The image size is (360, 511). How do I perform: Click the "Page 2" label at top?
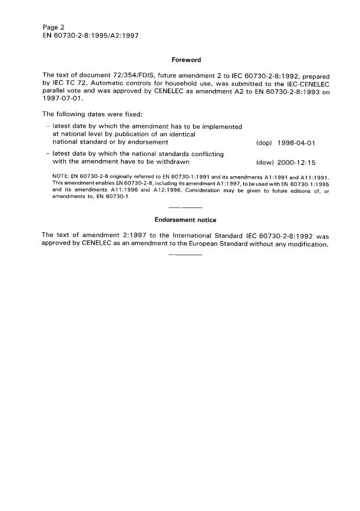(x=54, y=27)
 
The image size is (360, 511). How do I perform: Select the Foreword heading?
(x=186, y=60)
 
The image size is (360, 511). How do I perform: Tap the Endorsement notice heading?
(x=186, y=220)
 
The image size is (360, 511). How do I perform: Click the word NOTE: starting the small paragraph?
(x=60, y=178)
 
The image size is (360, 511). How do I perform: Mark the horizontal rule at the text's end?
(x=186, y=255)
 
